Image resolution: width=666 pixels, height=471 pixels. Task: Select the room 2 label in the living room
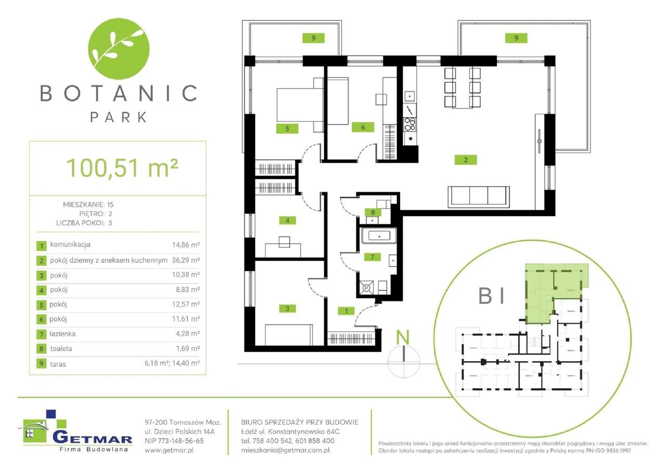tap(466, 160)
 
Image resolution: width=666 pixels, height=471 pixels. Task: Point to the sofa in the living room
tap(478, 195)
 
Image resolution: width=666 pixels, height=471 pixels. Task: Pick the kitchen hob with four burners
tap(410, 124)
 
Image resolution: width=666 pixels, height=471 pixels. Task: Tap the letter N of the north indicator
tap(402, 337)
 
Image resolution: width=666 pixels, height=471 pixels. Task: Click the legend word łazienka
tap(62, 334)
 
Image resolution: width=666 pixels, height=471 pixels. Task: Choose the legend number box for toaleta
tap(41, 349)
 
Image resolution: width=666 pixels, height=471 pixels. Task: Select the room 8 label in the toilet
tap(373, 212)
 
